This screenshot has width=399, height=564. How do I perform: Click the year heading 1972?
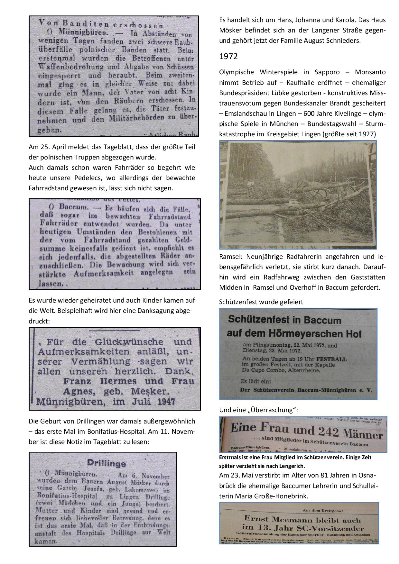click(228, 57)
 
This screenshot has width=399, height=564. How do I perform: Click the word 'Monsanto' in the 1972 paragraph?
click(370, 72)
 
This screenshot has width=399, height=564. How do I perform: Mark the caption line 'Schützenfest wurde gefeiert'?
click(261, 302)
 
